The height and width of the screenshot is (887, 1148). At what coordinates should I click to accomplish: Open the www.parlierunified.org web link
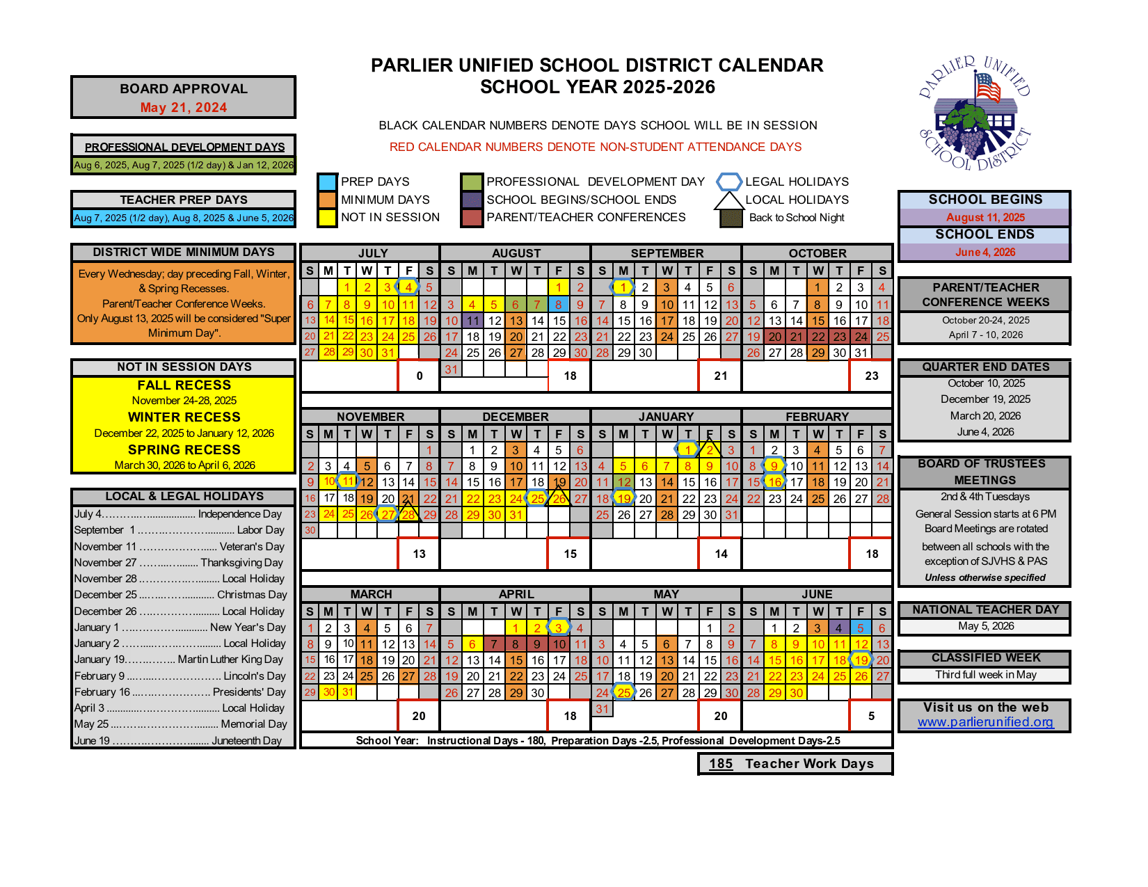pyautogui.click(x=985, y=722)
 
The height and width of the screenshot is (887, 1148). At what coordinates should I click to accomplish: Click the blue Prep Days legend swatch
pyautogui.click(x=327, y=182)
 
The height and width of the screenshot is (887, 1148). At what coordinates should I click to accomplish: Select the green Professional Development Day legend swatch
pyautogui.click(x=471, y=182)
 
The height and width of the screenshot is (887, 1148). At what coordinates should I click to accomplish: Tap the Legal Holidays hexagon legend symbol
pyautogui.click(x=728, y=182)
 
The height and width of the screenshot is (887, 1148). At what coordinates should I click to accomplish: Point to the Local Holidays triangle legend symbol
pyautogui.click(x=728, y=200)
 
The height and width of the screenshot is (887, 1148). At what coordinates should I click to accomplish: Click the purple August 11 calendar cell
pyautogui.click(x=473, y=321)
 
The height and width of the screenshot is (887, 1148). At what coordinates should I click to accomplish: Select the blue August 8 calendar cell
pyautogui.click(x=558, y=305)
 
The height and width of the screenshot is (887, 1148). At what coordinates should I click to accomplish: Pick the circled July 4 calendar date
pyautogui.click(x=408, y=287)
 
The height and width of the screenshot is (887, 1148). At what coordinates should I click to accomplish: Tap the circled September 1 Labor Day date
pyautogui.click(x=623, y=287)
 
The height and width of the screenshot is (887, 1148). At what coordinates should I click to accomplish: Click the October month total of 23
pyautogui.click(x=871, y=376)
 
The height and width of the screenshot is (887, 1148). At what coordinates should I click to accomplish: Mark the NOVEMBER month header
pyautogui.click(x=370, y=417)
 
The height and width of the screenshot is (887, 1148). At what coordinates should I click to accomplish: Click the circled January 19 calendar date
pyautogui.click(x=623, y=498)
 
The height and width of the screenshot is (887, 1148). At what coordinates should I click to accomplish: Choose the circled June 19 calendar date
pyautogui.click(x=861, y=660)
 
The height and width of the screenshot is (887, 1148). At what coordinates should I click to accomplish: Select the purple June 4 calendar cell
pyautogui.click(x=839, y=628)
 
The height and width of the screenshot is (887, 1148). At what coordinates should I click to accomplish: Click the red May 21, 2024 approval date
pyautogui.click(x=184, y=108)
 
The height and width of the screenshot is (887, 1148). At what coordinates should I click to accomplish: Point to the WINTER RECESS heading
pyautogui.click(x=184, y=417)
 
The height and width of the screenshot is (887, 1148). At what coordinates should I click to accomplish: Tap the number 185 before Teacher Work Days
pyautogui.click(x=721, y=764)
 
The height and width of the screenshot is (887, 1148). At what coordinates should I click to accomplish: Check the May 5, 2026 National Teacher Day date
pyautogui.click(x=985, y=626)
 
